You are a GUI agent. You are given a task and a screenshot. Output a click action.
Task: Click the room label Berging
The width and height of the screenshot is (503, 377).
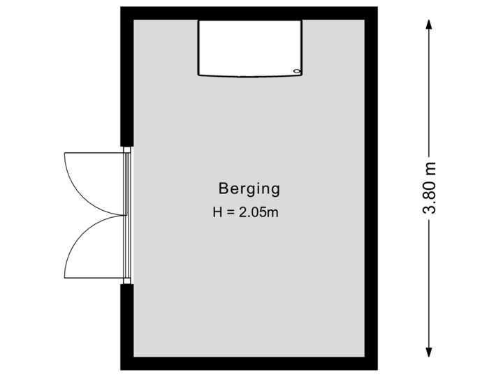click(249, 188)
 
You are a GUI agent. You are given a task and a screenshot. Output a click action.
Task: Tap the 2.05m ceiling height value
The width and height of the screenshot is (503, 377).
click(258, 212)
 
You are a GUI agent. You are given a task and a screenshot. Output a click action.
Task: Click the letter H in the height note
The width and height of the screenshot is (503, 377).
click(217, 212)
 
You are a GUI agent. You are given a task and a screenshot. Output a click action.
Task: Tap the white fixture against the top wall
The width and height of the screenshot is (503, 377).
click(250, 47)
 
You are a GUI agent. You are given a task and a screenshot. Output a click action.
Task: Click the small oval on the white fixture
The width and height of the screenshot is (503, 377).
click(297, 71)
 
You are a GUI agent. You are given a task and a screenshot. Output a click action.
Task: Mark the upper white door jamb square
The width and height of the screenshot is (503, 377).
click(126, 149)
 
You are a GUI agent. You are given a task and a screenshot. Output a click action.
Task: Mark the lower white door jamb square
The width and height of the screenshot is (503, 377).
click(126, 281)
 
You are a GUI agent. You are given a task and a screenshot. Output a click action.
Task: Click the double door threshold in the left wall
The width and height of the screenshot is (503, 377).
click(126, 215)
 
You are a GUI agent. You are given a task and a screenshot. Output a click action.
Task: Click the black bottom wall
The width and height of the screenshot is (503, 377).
click(249, 364)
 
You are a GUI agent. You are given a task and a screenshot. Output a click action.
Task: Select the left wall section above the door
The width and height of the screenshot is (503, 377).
click(126, 77)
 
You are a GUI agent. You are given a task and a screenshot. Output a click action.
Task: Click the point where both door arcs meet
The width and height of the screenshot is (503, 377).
click(120, 215)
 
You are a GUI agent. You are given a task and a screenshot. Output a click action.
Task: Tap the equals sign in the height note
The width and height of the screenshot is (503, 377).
click(228, 212)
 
